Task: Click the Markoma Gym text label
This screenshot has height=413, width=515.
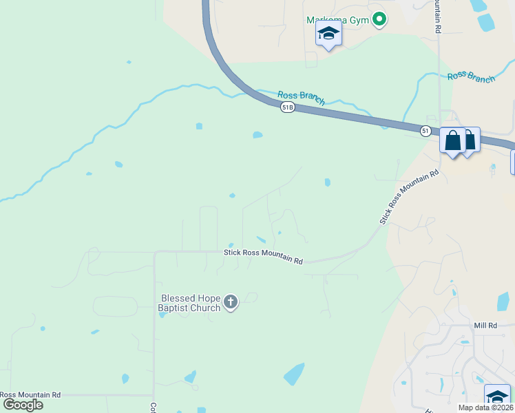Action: click(337, 20)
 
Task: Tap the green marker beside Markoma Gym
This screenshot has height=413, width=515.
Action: click(378, 20)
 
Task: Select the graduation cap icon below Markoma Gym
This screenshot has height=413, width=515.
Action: click(328, 34)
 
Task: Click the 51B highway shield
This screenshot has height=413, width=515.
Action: click(288, 107)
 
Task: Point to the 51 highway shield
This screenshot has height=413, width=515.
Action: click(426, 130)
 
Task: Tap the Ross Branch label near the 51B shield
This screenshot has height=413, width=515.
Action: click(301, 97)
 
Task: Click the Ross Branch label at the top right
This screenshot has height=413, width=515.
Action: click(471, 77)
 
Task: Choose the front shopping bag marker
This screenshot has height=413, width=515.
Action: click(453, 140)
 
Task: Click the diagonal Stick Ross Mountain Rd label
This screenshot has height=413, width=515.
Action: click(408, 197)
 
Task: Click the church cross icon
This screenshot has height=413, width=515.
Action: click(231, 302)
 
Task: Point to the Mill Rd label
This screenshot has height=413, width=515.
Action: click(485, 325)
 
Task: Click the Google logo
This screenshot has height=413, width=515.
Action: click(22, 405)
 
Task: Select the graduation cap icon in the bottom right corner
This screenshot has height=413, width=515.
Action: click(497, 397)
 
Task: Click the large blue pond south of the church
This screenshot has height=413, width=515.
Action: click(294, 374)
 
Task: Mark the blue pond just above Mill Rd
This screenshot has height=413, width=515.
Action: click(503, 301)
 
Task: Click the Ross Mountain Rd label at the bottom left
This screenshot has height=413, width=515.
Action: click(30, 395)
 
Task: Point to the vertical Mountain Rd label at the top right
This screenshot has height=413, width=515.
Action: click(437, 17)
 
